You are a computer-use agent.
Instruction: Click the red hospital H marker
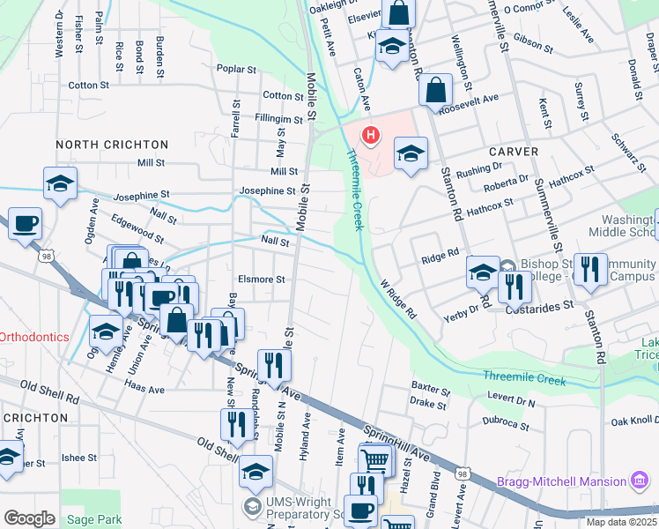click(x=371, y=135)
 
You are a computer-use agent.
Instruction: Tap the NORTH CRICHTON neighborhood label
click(x=111, y=144)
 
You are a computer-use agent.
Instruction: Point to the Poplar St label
click(x=235, y=68)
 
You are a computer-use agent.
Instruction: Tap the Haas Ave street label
click(x=144, y=389)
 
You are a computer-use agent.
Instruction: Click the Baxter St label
click(x=431, y=386)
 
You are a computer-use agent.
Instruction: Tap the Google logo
click(x=29, y=518)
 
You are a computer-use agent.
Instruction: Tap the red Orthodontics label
click(x=33, y=337)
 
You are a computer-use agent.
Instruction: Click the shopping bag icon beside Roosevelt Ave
click(x=436, y=90)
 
